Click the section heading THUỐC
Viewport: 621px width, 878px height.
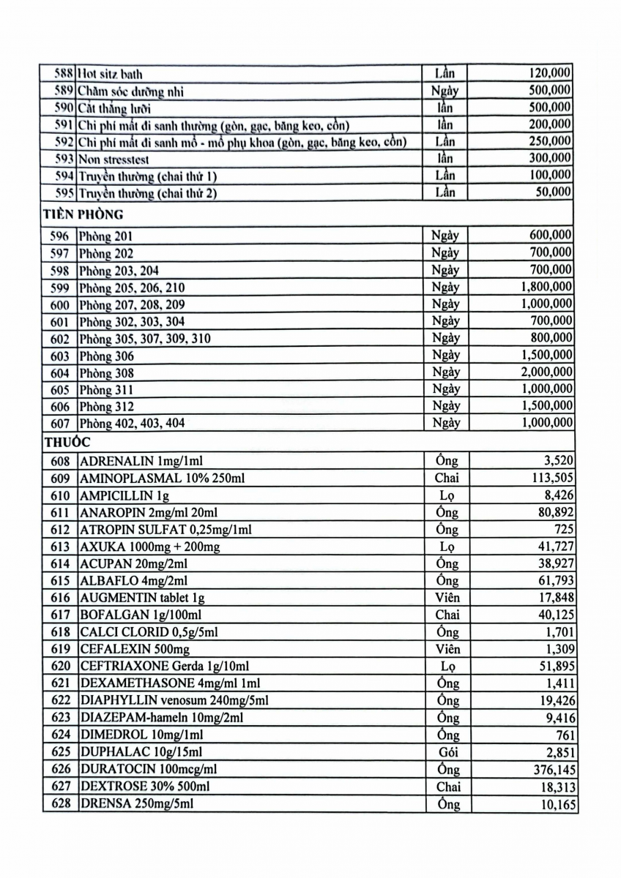tap(67, 443)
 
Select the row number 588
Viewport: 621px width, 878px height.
tap(64, 74)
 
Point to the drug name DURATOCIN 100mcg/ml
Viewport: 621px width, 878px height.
tap(149, 770)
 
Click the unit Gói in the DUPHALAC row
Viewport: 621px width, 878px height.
tap(447, 752)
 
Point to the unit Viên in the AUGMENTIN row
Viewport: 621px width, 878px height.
tap(447, 598)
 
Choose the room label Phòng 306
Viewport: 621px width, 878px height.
tap(106, 356)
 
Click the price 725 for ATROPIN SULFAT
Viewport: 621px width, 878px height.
tap(564, 530)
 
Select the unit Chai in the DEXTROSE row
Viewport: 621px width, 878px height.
tap(448, 787)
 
